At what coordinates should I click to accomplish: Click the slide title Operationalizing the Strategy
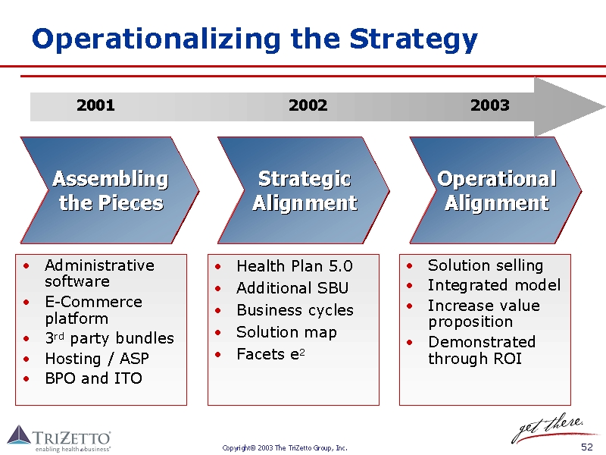click(x=255, y=39)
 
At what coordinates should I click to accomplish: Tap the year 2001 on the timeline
click(x=95, y=105)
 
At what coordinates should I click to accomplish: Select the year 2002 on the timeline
click(x=308, y=105)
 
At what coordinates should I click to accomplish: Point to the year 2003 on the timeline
click(x=489, y=105)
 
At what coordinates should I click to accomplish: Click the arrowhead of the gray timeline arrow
click(x=564, y=106)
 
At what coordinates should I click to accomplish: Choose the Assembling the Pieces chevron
click(x=111, y=190)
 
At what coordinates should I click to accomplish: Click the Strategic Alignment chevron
click(x=304, y=190)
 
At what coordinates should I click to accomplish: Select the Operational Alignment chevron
click(x=496, y=190)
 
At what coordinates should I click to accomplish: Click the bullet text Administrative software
click(x=98, y=273)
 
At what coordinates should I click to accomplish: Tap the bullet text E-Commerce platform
click(x=92, y=310)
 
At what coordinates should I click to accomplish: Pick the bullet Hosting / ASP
click(x=97, y=359)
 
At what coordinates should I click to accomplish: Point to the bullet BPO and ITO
click(x=93, y=378)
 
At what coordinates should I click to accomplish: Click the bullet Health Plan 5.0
click(x=294, y=266)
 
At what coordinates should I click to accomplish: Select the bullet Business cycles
click(x=295, y=310)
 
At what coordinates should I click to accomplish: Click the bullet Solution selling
click(x=485, y=265)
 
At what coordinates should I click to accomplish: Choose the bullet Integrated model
click(x=494, y=285)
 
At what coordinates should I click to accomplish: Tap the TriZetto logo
click(x=59, y=438)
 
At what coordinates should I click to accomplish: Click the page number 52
click(x=586, y=447)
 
